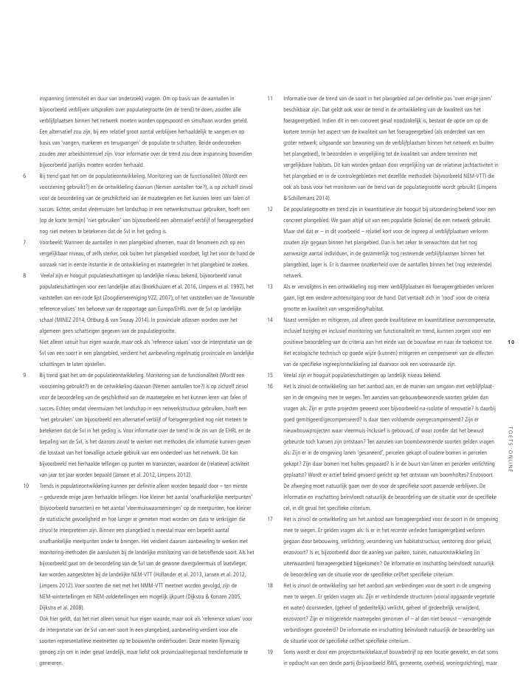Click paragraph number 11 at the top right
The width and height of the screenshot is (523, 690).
pyautogui.click(x=269, y=98)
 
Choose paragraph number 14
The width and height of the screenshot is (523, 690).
pyautogui.click(x=269, y=319)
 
